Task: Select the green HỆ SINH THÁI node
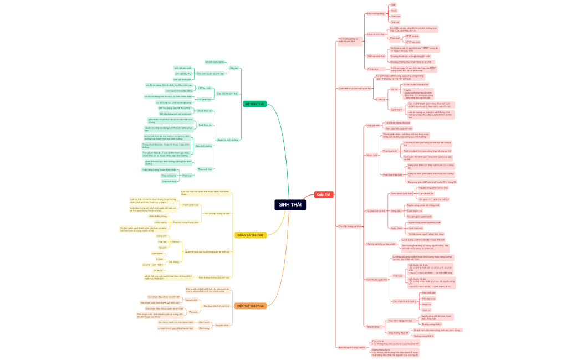[x=254, y=104]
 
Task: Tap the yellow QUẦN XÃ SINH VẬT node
[x=250, y=235]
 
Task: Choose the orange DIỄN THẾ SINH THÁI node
[x=250, y=306]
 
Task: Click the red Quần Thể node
[x=323, y=194]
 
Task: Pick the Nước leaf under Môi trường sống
[x=394, y=10]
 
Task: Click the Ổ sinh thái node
[x=373, y=69]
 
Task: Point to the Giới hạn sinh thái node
[x=376, y=56]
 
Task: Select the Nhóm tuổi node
[x=371, y=155]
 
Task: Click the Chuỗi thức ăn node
[x=205, y=110]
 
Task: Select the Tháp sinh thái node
[x=205, y=169]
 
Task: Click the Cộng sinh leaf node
[x=161, y=236]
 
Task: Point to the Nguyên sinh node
[x=192, y=300]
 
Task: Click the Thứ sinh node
[x=193, y=312]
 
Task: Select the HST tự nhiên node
[x=205, y=88]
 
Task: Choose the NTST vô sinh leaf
[x=412, y=36]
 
